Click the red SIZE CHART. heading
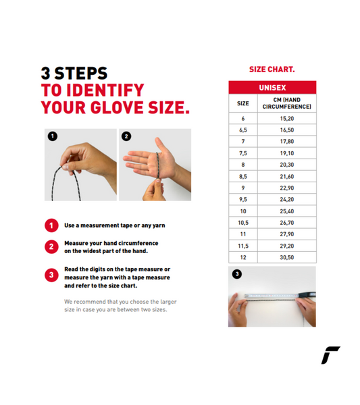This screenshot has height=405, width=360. pyautogui.click(x=272, y=70)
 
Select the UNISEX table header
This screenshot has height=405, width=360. pyautogui.click(x=272, y=88)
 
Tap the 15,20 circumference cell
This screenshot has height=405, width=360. pyautogui.click(x=287, y=119)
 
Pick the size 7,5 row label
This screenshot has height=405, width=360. pyautogui.click(x=243, y=153)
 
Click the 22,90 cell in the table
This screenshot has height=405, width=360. pyautogui.click(x=287, y=188)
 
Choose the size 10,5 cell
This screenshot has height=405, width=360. pyautogui.click(x=243, y=223)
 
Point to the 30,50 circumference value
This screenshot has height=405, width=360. pyautogui.click(x=287, y=257)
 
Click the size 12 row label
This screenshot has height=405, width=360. pyautogui.click(x=243, y=257)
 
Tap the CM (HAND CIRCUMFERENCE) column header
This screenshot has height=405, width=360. pyautogui.click(x=287, y=103)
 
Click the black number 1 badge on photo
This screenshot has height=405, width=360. pyautogui.click(x=53, y=136)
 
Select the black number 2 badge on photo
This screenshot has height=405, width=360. pyautogui.click(x=126, y=136)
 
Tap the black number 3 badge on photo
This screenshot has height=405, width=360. pyautogui.click(x=237, y=274)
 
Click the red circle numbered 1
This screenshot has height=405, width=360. pyautogui.click(x=51, y=225)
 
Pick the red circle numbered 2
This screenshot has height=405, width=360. pyautogui.click(x=51, y=246)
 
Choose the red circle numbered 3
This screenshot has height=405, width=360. pyautogui.click(x=51, y=275)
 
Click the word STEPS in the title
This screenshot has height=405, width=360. pyautogui.click(x=81, y=74)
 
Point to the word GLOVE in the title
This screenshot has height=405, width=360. pyautogui.click(x=117, y=107)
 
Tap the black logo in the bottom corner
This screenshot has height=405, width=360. pyautogui.click(x=330, y=355)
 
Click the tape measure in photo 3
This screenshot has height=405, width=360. pyautogui.click(x=280, y=295)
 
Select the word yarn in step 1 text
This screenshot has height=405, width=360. pyautogui.click(x=159, y=225)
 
